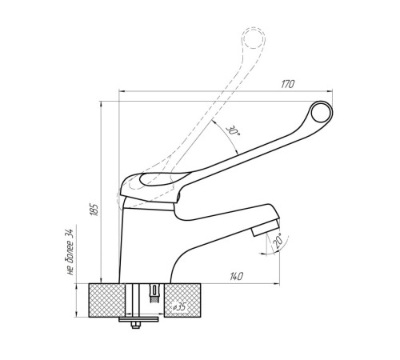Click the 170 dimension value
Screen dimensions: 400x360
tap(288, 84)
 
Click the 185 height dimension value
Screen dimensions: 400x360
tap(94, 210)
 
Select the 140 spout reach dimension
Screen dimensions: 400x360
tap(236, 277)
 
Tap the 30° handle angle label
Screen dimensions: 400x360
tap(233, 130)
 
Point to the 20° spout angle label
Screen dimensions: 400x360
tap(278, 241)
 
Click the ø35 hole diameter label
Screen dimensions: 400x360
tap(179, 307)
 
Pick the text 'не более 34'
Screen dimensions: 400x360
tap(70, 252)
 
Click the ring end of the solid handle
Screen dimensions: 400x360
tap(322, 112)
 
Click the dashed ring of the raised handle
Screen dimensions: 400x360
tap(254, 38)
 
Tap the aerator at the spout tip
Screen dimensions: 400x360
tap(266, 226)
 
